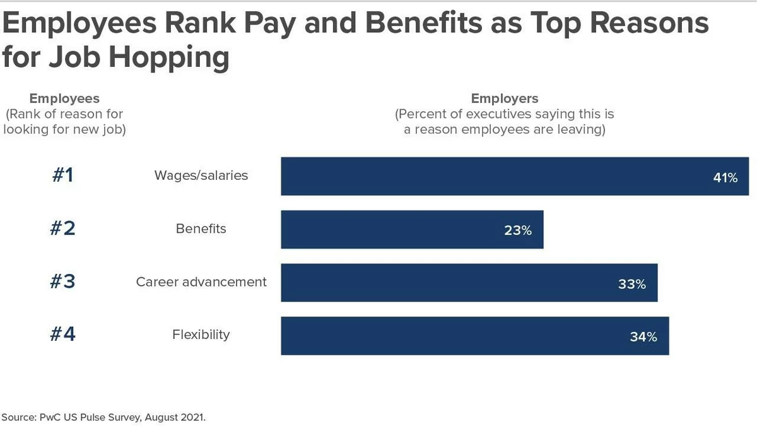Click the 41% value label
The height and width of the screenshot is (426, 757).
pyautogui.click(x=725, y=178)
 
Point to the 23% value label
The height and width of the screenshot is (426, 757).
pyautogui.click(x=518, y=231)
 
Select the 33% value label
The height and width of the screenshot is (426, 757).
pyautogui.click(x=631, y=284)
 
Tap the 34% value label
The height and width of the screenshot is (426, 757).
pyautogui.click(x=643, y=337)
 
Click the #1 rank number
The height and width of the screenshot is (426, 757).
pyautogui.click(x=62, y=175)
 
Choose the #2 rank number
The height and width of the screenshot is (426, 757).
pyautogui.click(x=62, y=228)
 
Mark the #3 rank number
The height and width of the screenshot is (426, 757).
pyautogui.click(x=62, y=281)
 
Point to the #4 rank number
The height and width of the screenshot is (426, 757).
pyautogui.click(x=62, y=334)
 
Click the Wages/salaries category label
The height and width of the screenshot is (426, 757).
pyautogui.click(x=201, y=175)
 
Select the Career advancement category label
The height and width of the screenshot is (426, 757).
pyautogui.click(x=201, y=281)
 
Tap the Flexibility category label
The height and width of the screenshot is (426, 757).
pyautogui.click(x=201, y=334)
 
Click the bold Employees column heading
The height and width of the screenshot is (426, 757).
pyautogui.click(x=64, y=98)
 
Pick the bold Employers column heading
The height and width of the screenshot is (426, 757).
pyautogui.click(x=505, y=98)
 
